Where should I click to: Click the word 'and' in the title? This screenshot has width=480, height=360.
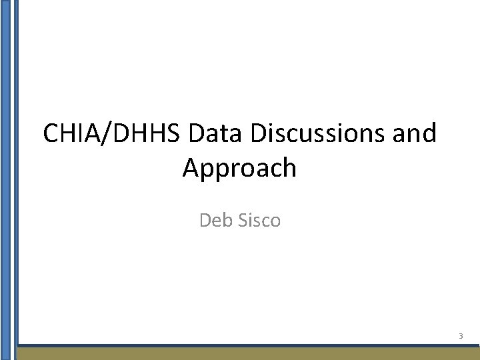pos(415,133)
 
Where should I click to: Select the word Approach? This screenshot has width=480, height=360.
pos(239,169)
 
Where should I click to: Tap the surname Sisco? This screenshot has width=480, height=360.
pos(258,219)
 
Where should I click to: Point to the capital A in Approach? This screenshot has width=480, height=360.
pos(191,167)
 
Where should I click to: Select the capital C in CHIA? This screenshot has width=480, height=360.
pos(51,133)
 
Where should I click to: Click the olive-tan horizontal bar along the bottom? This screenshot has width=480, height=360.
pos(247,354)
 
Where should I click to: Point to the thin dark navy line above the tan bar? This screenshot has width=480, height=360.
pos(247,345)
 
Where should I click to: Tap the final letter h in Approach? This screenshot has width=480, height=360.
pos(289,167)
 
